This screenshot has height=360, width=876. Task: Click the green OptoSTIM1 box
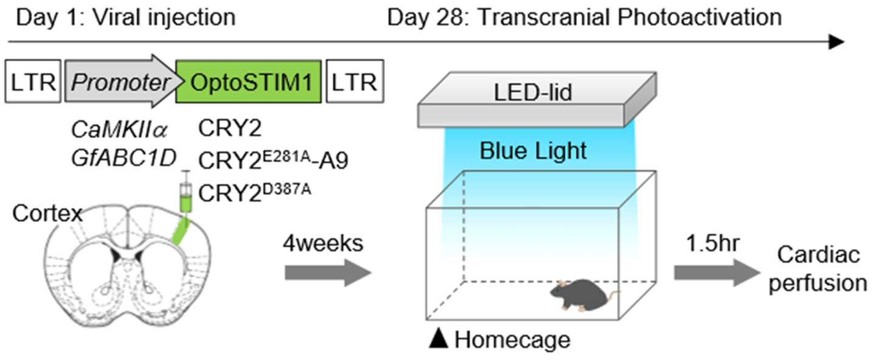(x=249, y=81)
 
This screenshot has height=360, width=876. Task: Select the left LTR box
(x=33, y=81)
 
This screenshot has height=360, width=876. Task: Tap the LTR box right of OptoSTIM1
(x=355, y=81)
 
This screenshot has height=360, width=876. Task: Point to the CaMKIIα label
(x=119, y=130)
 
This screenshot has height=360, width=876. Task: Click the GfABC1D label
(x=123, y=158)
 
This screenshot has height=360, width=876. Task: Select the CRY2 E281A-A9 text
(x=273, y=160)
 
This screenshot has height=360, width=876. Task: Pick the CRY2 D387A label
(x=254, y=192)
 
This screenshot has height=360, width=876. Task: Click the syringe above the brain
(x=186, y=192)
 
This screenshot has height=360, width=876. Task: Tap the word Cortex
(x=47, y=213)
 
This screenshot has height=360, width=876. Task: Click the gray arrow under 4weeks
(x=328, y=272)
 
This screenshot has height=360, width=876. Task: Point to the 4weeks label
(x=323, y=243)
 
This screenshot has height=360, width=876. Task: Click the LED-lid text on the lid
(x=533, y=92)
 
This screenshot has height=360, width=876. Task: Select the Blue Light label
(x=533, y=150)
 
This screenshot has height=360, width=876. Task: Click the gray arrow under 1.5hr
(x=717, y=272)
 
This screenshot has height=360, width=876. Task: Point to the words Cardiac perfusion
(x=818, y=269)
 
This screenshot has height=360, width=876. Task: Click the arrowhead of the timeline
(x=837, y=41)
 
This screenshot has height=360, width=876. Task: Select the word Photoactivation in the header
(x=700, y=18)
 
